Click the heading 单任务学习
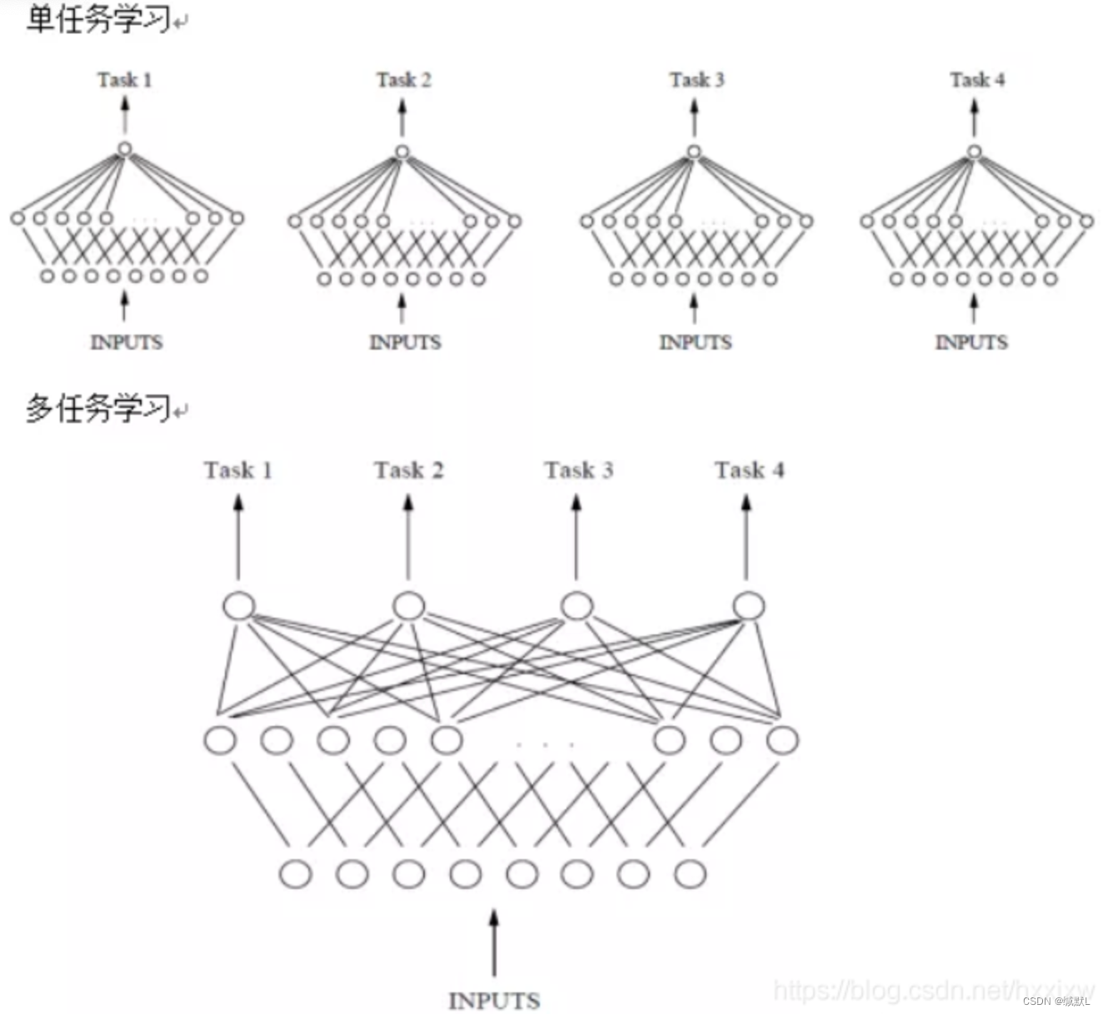[x=98, y=19]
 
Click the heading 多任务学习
[x=98, y=408]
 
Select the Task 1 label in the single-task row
[x=124, y=80]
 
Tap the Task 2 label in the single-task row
[x=403, y=80]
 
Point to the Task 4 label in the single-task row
[x=977, y=80]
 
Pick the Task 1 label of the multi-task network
[x=238, y=470]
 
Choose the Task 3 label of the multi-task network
[x=578, y=470]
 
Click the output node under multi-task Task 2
[x=408, y=605]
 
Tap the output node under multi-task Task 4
[x=748, y=605]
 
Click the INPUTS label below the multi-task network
[x=494, y=1000]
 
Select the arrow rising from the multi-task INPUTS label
[x=494, y=942]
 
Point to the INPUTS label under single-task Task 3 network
[x=695, y=342]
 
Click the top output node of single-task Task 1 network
[x=124, y=150]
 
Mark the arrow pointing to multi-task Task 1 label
[x=238, y=537]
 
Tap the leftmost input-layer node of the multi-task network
[x=295, y=874]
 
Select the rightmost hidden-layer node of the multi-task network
[x=782, y=739]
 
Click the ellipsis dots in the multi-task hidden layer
[x=545, y=743]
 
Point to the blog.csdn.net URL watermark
[x=933, y=990]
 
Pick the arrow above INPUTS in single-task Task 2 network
[x=402, y=307]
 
